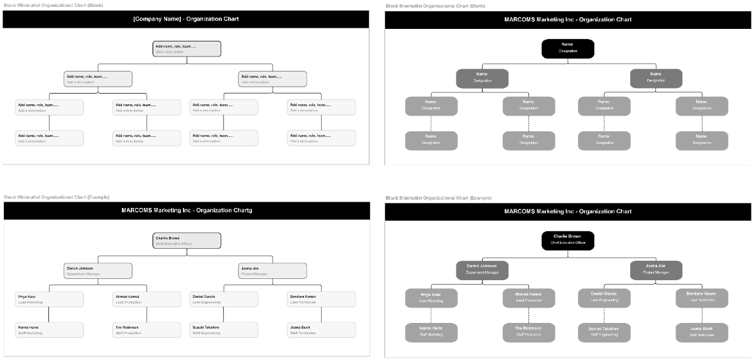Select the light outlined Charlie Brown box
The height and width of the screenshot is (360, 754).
[187, 241]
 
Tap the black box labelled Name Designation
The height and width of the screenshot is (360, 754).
[567, 48]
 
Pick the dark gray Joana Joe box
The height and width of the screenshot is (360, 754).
[656, 270]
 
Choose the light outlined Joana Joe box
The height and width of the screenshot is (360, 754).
[273, 271]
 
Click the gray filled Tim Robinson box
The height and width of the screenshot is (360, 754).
[528, 332]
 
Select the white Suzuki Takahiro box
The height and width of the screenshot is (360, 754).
[224, 330]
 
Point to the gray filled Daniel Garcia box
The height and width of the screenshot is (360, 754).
[604, 298]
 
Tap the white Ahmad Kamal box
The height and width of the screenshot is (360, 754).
[147, 299]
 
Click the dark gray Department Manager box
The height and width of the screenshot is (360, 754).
[482, 270]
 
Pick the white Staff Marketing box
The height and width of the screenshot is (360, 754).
[49, 330]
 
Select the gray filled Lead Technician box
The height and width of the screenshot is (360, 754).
[702, 298]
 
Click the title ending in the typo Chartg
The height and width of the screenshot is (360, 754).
[187, 210]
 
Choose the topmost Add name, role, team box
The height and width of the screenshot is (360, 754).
[187, 48]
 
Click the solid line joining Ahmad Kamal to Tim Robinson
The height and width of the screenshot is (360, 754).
[147, 315]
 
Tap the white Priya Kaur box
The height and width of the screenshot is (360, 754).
[49, 299]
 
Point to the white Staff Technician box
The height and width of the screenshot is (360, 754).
[321, 330]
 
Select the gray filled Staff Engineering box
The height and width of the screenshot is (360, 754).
[604, 332]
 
